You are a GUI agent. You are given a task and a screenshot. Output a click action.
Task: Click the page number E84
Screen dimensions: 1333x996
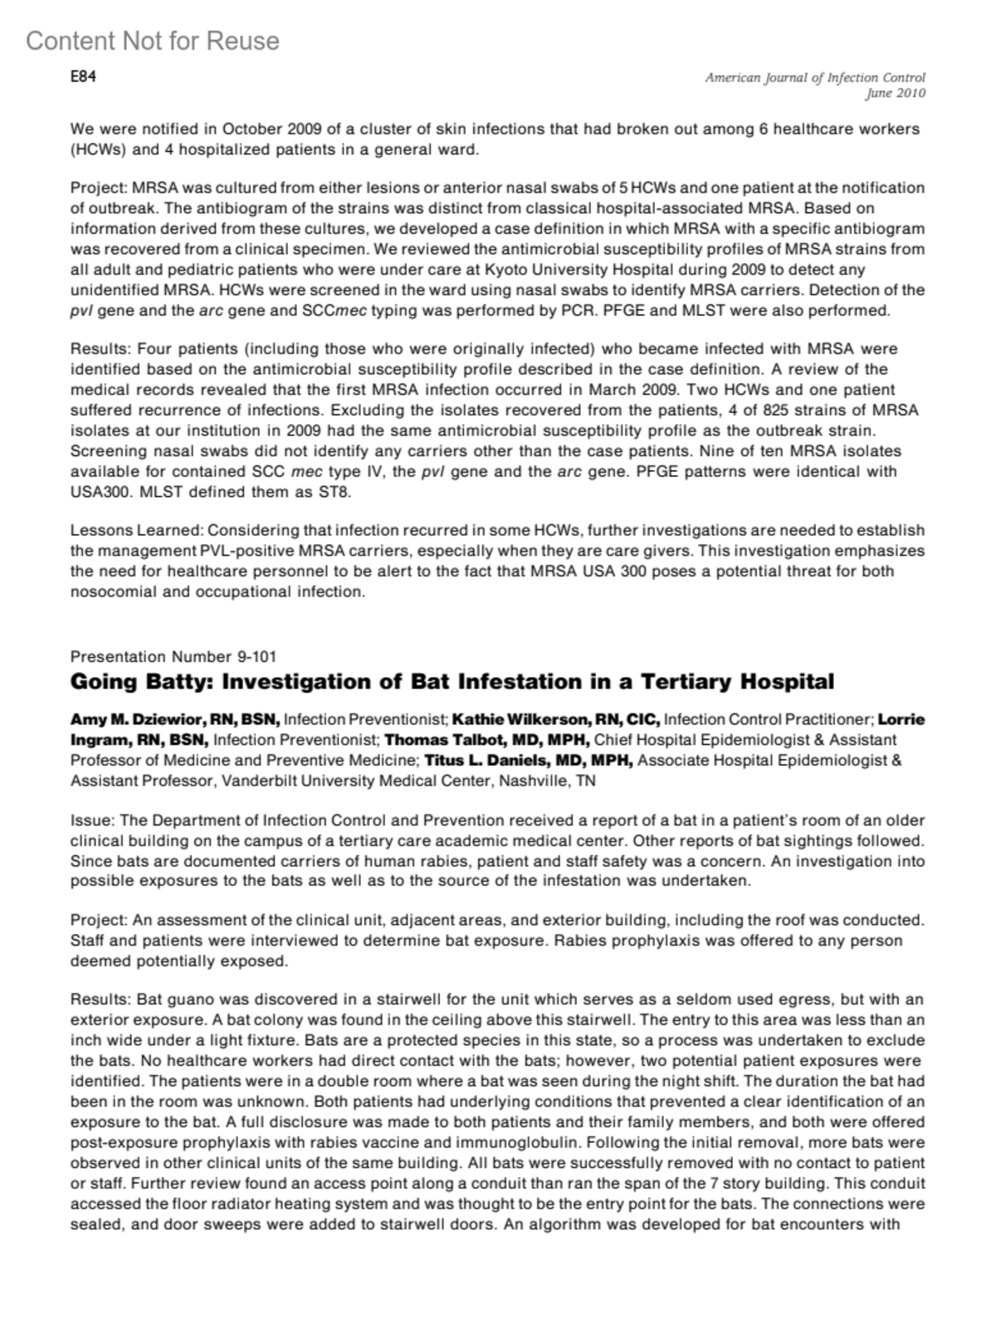click(83, 77)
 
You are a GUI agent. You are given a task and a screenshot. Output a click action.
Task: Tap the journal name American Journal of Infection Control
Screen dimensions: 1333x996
click(815, 78)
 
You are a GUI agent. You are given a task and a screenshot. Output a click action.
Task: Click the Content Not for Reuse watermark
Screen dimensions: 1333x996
click(153, 41)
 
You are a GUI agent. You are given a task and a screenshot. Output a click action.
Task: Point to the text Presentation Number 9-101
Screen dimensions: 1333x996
click(173, 657)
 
